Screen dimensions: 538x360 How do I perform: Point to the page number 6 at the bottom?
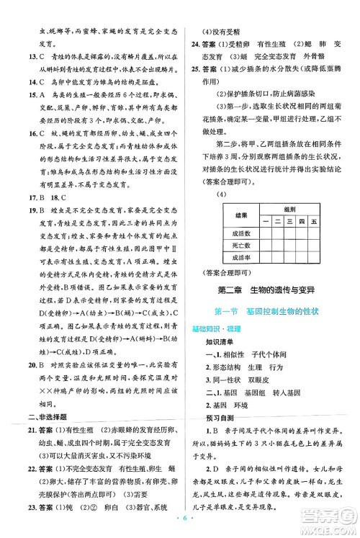coord(180,521)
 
